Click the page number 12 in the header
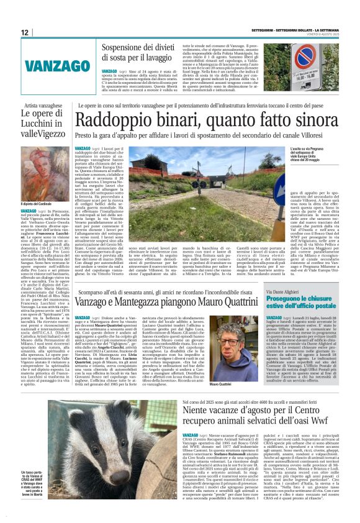(x=24, y=32)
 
